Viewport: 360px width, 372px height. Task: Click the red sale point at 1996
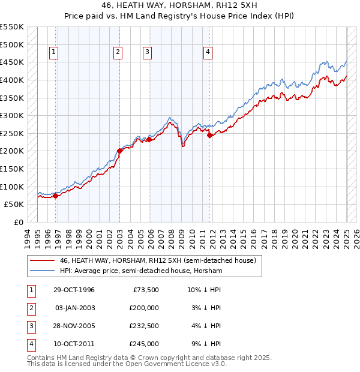[55, 195]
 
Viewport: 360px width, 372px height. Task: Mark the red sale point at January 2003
[119, 151]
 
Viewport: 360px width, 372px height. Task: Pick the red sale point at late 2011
[209, 135]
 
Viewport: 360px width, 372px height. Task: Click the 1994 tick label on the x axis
[28, 236]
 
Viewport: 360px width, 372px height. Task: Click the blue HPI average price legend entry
[141, 271]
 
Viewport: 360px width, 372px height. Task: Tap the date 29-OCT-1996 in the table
[74, 290]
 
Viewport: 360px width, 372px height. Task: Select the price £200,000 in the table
[142, 308]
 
